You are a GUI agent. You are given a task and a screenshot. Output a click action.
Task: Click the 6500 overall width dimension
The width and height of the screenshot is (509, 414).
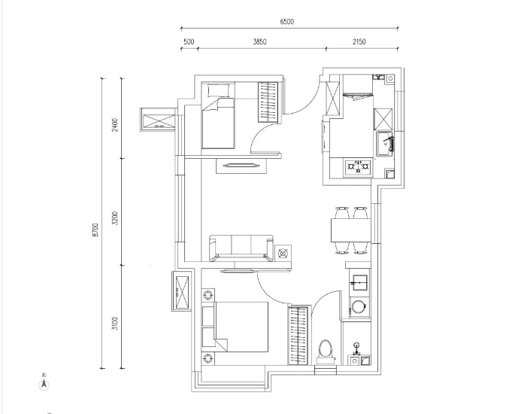point(287,22)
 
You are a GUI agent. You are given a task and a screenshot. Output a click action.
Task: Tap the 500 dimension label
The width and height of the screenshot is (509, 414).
point(189,42)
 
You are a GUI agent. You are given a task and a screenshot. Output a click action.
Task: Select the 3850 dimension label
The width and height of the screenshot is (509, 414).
point(259,42)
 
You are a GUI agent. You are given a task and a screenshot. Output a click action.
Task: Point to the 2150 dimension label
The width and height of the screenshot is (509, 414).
point(359,42)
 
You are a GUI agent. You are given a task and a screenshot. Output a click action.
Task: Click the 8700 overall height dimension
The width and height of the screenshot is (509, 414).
point(95,230)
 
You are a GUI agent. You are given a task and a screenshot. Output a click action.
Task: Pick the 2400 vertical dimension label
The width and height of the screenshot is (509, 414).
point(114,125)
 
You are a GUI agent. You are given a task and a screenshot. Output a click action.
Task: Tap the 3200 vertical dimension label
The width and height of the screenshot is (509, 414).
point(114,218)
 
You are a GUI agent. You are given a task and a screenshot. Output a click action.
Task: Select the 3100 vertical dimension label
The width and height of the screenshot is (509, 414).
point(114,324)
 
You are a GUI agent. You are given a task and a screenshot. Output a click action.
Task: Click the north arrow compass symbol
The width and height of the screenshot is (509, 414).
point(44,385)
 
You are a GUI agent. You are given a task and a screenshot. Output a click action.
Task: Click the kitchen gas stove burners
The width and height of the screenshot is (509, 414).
point(358,166)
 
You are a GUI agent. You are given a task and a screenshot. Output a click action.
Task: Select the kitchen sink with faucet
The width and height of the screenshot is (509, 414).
point(385,143)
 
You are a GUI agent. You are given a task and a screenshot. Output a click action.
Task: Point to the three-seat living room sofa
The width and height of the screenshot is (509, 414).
point(241,248)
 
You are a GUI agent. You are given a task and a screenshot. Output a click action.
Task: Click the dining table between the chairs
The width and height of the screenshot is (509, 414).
point(351,230)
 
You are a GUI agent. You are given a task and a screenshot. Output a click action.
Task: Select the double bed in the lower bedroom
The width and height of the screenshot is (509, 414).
point(241,327)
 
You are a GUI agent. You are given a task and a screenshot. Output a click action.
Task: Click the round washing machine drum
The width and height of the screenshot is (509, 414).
point(359,306)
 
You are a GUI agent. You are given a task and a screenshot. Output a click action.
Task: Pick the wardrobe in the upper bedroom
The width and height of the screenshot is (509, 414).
point(268,102)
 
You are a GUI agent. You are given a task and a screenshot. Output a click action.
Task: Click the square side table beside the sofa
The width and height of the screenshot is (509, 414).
point(283,253)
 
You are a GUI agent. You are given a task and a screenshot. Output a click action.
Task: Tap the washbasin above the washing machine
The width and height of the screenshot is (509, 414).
point(359,283)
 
